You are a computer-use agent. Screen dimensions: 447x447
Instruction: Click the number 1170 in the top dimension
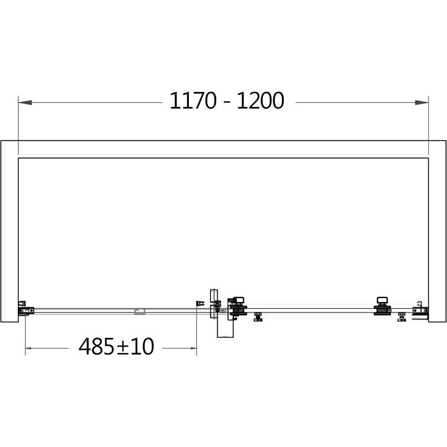click(193, 101)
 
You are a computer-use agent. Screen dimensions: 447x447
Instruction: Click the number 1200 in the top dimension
click(260, 101)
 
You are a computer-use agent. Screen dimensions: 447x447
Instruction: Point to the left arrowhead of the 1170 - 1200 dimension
click(25, 102)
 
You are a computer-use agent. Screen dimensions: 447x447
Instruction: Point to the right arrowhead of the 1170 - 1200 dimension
click(422, 102)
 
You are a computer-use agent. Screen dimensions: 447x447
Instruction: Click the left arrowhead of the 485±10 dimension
click(28, 348)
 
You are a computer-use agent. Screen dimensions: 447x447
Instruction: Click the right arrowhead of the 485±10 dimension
click(193, 348)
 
